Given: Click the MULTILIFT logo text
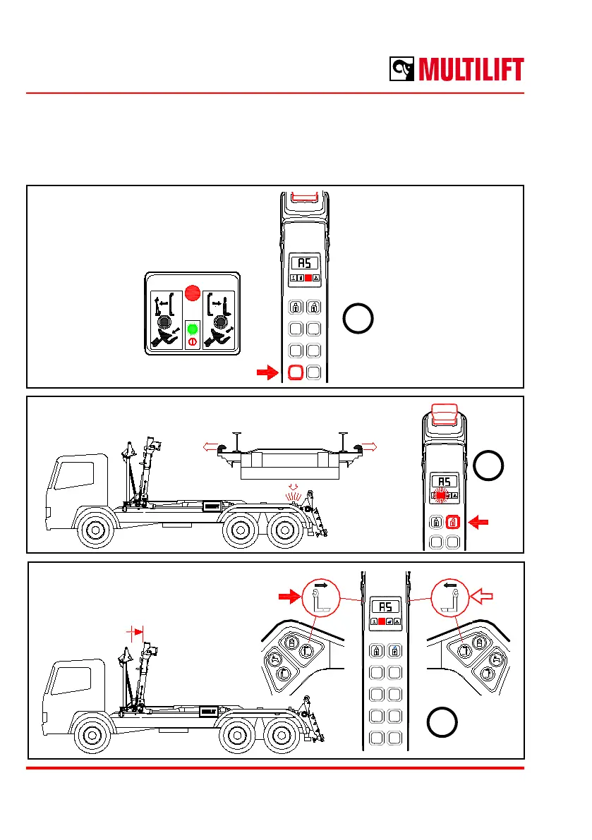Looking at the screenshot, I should [471, 70].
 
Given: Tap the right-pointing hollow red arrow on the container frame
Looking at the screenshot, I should [369, 446].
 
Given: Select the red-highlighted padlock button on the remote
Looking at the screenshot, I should [453, 523].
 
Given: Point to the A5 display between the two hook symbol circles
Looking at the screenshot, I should [382, 606].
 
